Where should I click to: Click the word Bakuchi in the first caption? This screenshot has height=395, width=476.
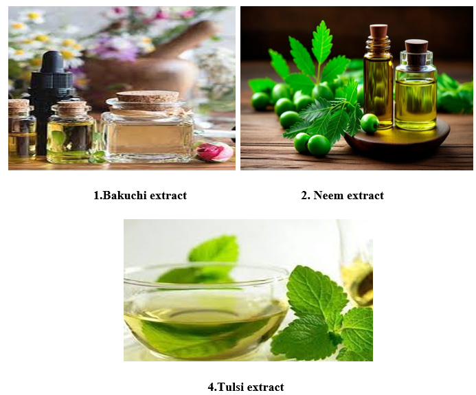[x=124, y=195]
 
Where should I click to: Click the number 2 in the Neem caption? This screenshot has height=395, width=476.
[x=304, y=195]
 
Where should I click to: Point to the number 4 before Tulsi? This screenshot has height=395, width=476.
[x=211, y=387]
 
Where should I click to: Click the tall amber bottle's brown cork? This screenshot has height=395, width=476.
[x=378, y=31]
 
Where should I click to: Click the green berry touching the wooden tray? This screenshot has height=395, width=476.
[x=370, y=123]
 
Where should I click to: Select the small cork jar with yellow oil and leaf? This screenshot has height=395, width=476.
[x=71, y=133]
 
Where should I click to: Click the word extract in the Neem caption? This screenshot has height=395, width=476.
[x=366, y=195]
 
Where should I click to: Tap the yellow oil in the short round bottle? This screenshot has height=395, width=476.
[x=416, y=102]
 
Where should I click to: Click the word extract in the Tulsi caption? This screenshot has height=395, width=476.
[x=267, y=387]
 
